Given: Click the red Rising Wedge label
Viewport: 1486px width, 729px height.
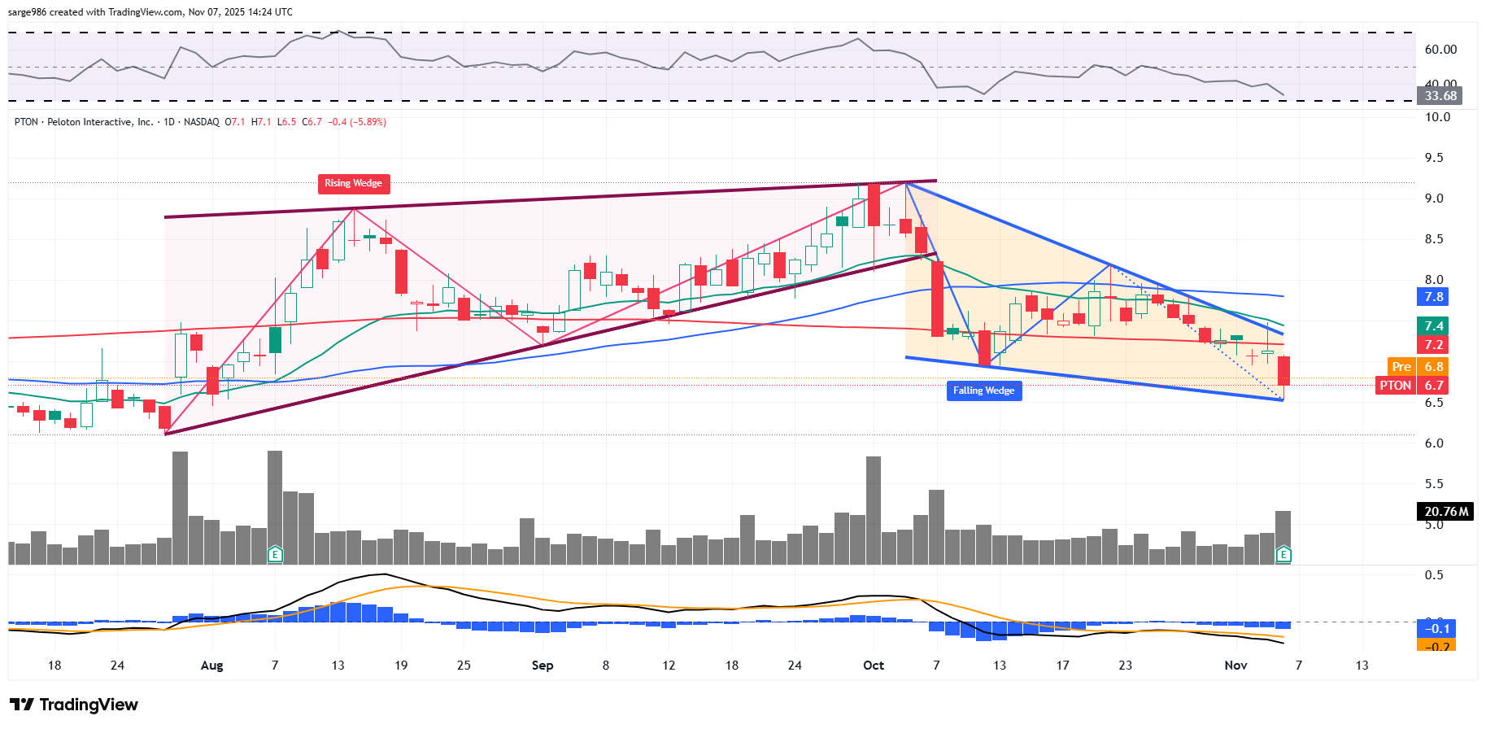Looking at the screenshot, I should point(353,183).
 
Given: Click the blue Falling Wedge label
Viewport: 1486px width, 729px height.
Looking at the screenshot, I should point(983,391).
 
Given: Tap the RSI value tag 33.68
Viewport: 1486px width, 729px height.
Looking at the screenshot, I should point(1440,96).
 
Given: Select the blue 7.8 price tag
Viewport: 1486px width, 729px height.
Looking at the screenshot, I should point(1433,297).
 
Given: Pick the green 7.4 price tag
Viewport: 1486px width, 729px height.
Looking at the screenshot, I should point(1433,325).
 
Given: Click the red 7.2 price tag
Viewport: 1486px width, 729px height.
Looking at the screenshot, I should point(1433,345).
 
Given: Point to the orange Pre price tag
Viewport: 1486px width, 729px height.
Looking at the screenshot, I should point(1401,367).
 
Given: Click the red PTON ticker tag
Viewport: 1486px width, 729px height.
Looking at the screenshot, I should point(1396,386).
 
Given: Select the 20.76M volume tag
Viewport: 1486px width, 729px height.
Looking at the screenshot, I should point(1445,512).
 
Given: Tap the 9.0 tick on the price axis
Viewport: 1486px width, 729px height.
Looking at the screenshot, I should point(1433,199).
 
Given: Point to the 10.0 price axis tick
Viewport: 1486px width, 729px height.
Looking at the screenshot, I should point(1436,117).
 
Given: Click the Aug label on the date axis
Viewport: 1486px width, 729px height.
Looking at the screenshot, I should point(211,666).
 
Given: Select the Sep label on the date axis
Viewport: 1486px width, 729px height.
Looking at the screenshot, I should point(543,666).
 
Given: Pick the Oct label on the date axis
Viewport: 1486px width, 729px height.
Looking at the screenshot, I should point(874,666).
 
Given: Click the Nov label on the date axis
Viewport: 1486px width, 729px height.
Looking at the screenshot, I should point(1235,666).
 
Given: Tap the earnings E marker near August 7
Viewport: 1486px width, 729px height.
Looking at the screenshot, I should point(275,555).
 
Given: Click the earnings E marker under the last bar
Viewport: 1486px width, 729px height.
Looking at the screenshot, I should point(1283,555).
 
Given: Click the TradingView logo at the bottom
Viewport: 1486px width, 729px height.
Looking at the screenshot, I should point(74,705).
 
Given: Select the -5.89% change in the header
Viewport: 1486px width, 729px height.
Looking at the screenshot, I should point(368,122).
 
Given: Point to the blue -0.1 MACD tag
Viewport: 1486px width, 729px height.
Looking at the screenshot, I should point(1436,628).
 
